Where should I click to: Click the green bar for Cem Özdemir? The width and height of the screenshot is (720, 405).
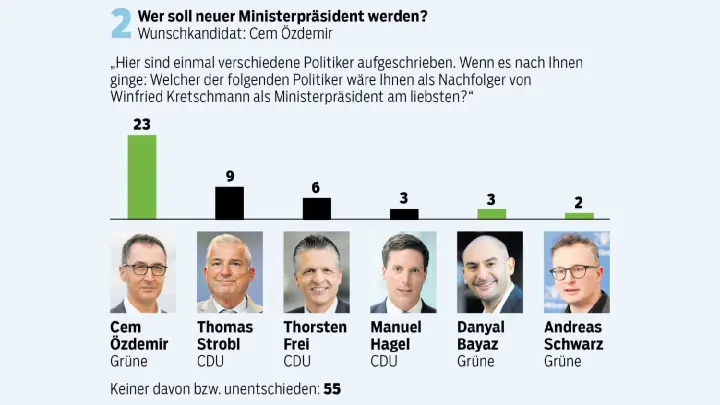(x=142, y=177)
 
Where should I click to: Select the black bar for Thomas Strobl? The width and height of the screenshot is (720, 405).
(x=229, y=203)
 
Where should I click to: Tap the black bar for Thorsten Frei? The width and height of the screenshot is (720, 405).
(x=316, y=208)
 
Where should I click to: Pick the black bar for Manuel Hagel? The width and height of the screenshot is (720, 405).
(x=404, y=214)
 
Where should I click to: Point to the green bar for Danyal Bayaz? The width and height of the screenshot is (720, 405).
(x=491, y=214)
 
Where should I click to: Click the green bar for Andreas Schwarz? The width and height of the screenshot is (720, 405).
(x=579, y=216)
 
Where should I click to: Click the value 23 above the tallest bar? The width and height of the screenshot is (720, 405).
(x=142, y=125)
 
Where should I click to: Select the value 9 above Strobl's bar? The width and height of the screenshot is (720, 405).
(x=229, y=177)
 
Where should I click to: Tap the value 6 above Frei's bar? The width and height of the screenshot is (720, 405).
(x=316, y=188)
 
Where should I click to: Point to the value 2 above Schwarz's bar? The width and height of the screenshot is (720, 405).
(x=579, y=202)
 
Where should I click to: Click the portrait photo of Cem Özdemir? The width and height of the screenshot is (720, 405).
(x=142, y=272)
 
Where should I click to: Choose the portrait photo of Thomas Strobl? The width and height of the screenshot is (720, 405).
(x=229, y=272)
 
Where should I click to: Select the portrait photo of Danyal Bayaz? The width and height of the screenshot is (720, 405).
(x=490, y=272)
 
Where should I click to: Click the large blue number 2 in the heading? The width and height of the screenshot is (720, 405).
(x=122, y=24)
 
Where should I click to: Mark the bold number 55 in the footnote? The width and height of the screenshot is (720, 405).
(x=332, y=388)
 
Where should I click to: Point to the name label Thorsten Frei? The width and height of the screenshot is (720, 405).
(x=316, y=335)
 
